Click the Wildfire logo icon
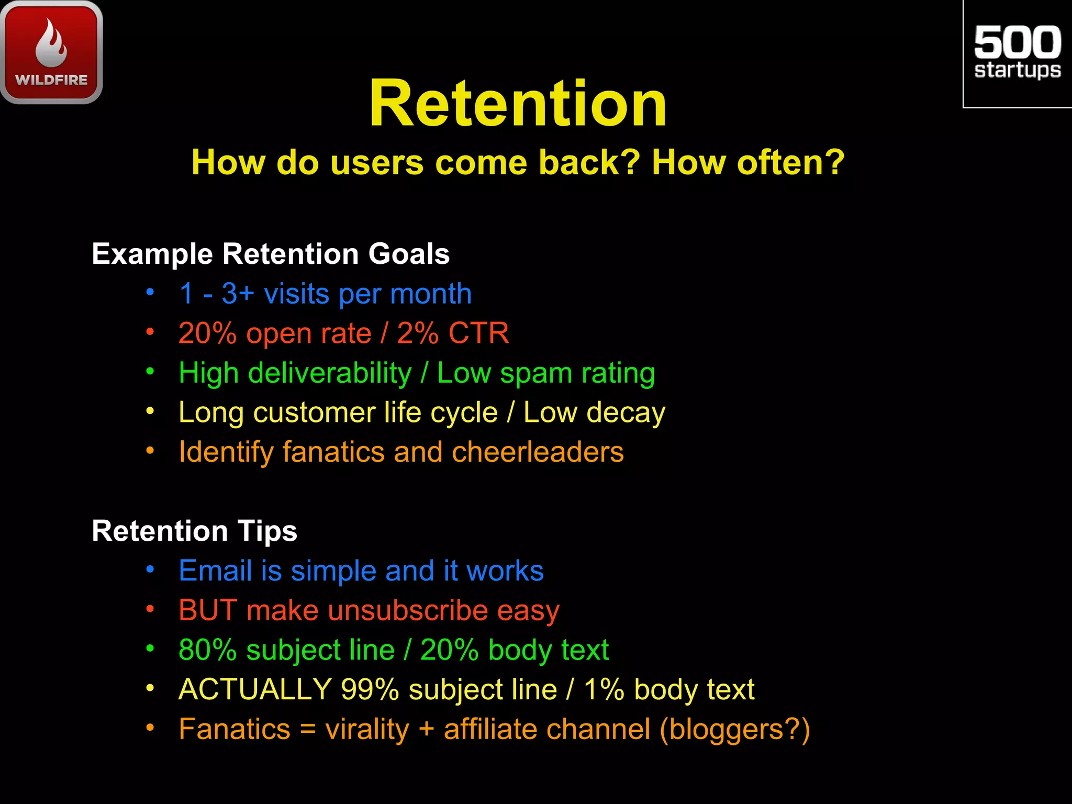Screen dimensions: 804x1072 pyautogui.click(x=51, y=51)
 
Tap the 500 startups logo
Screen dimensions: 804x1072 pyautogui.click(x=1017, y=52)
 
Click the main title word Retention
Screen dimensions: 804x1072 pyautogui.click(x=518, y=103)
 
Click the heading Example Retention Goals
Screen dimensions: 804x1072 pyautogui.click(x=271, y=254)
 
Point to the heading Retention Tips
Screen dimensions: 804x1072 pyautogui.click(x=194, y=531)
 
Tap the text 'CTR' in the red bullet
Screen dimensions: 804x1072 pyautogui.click(x=478, y=333)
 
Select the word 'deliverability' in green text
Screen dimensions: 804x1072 pyautogui.click(x=330, y=373)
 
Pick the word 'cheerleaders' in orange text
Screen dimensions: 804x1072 pyautogui.click(x=538, y=452)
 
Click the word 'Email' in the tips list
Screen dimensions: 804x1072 pyautogui.click(x=215, y=571)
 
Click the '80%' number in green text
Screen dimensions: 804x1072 pyautogui.click(x=207, y=650)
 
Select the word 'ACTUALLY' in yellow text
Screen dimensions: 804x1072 pyautogui.click(x=255, y=689)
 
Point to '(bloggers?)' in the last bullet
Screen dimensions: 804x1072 pyautogui.click(x=734, y=729)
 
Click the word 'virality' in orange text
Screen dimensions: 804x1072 pyautogui.click(x=367, y=729)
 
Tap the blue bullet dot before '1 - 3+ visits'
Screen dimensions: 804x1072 pyautogui.click(x=150, y=292)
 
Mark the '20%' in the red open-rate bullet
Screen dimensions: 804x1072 pyautogui.click(x=207, y=333)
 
